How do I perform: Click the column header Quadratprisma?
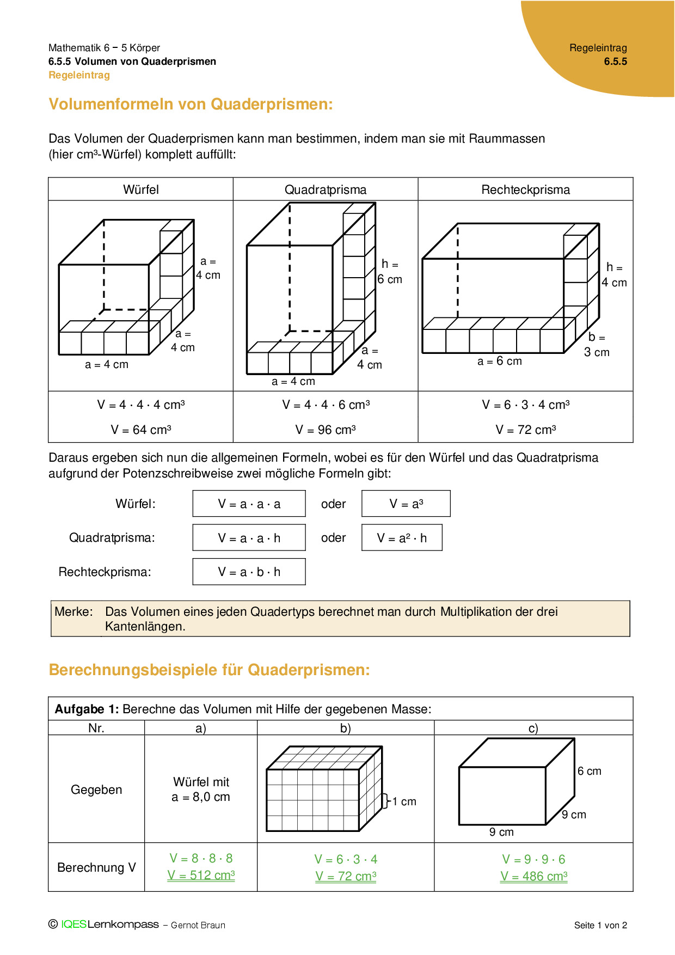(326, 189)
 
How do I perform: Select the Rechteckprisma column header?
(525, 189)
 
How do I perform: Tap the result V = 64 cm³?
(141, 430)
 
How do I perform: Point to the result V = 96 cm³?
(326, 430)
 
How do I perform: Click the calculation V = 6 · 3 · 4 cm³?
(526, 405)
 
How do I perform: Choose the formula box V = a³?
(406, 504)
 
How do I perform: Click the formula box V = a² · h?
(402, 538)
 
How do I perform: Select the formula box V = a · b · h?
(249, 572)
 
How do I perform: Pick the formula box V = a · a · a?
(249, 504)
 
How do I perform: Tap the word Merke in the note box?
(73, 611)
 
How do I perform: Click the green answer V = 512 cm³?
(201, 875)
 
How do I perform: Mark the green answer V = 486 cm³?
(533, 876)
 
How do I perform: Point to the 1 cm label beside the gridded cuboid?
(404, 801)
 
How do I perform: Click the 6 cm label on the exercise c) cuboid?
(590, 771)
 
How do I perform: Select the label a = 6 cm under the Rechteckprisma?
(499, 361)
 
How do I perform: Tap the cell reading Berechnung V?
(96, 867)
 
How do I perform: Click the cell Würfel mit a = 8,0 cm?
(201, 789)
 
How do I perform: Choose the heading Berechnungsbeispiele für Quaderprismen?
(209, 670)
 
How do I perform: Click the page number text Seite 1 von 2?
(600, 925)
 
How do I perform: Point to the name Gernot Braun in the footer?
(198, 925)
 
